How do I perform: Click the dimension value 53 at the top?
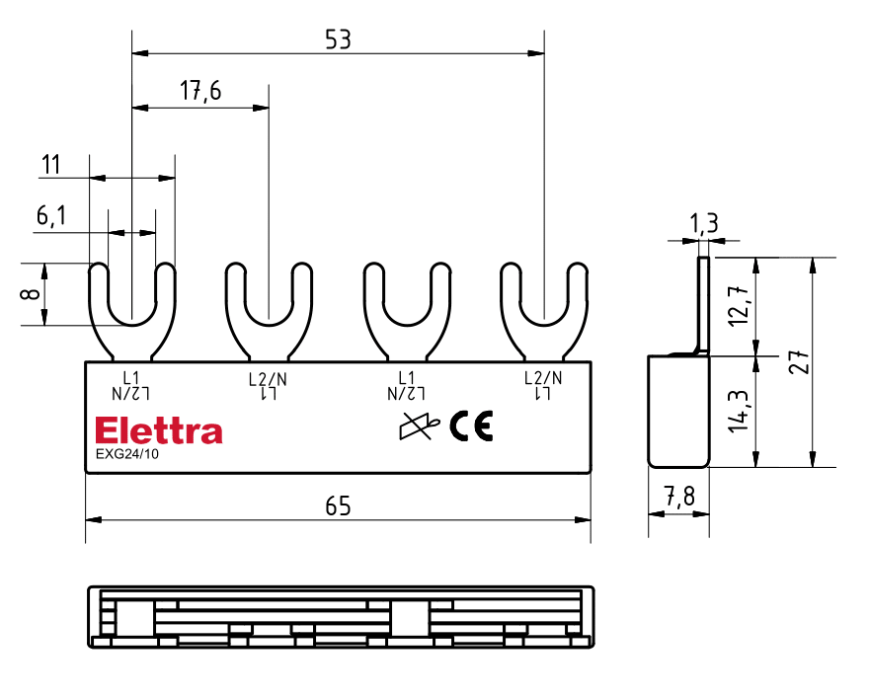click(338, 39)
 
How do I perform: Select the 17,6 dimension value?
click(200, 92)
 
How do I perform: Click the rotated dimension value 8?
click(31, 294)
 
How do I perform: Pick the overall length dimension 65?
click(338, 505)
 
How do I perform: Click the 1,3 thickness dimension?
click(704, 225)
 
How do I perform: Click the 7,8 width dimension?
click(679, 498)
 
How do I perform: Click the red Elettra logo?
click(159, 431)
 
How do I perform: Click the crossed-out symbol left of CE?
click(418, 427)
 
